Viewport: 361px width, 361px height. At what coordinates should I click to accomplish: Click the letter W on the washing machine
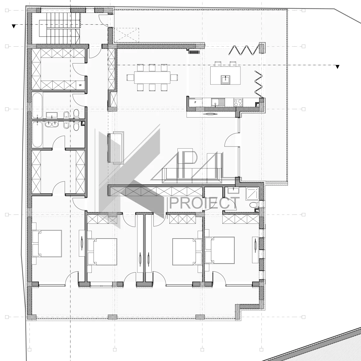pos(80,85)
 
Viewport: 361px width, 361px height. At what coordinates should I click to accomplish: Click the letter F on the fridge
pos(196,103)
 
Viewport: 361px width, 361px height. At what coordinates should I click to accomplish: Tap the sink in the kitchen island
pos(225,79)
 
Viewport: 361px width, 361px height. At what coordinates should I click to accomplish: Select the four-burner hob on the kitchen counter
pos(238,103)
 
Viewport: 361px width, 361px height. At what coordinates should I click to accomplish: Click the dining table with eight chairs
pos(152,78)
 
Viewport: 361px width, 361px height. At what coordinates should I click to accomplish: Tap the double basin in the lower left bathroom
pos(52,124)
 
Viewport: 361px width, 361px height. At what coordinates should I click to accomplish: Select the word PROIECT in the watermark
pos(204,203)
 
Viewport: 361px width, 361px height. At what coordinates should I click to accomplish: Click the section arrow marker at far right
pos(338,67)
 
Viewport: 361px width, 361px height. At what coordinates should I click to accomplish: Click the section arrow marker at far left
pos(14,26)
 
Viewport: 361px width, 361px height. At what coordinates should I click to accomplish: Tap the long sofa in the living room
pos(192,175)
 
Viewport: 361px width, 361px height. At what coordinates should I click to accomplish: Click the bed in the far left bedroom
pos(47,243)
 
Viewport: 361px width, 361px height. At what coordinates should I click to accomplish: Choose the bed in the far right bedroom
pos(220,250)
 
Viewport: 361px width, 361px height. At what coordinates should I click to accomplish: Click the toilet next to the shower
pos(254,205)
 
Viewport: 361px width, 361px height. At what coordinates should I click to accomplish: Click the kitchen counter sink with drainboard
pos(218,103)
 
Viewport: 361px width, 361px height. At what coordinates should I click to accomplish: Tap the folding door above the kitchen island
pos(245,50)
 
